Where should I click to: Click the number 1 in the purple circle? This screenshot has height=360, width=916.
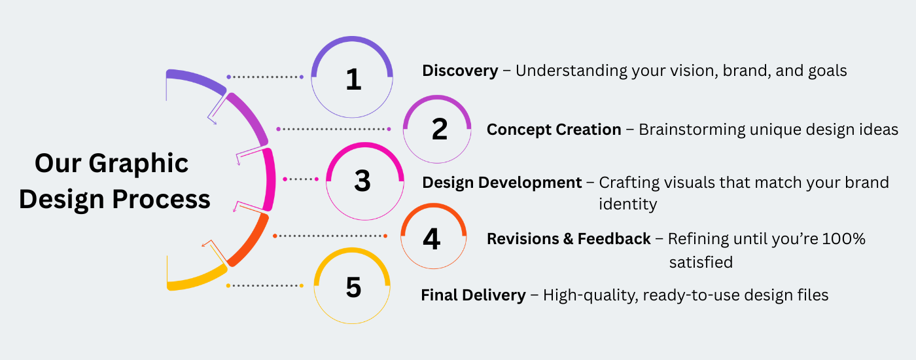click(353, 79)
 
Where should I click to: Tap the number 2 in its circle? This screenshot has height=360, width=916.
click(440, 130)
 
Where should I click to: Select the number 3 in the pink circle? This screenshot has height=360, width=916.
click(362, 181)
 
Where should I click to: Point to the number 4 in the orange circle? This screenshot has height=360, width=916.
click(432, 239)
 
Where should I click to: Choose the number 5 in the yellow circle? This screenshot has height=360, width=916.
click(354, 287)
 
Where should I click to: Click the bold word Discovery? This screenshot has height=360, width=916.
click(460, 71)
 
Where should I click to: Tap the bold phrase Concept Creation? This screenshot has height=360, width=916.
click(554, 130)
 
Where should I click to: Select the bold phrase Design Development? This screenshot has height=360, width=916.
click(502, 183)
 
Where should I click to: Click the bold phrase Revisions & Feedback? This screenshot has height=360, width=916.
click(569, 239)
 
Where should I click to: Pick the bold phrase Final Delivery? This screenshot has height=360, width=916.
click(474, 295)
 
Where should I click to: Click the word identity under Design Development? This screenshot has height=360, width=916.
click(627, 204)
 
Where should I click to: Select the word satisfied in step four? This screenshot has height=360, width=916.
click(701, 262)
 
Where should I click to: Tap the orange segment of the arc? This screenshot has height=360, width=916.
click(250, 242)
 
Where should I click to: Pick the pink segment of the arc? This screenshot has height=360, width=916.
click(270, 180)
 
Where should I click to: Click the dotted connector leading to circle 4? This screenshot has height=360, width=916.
click(330, 236)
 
